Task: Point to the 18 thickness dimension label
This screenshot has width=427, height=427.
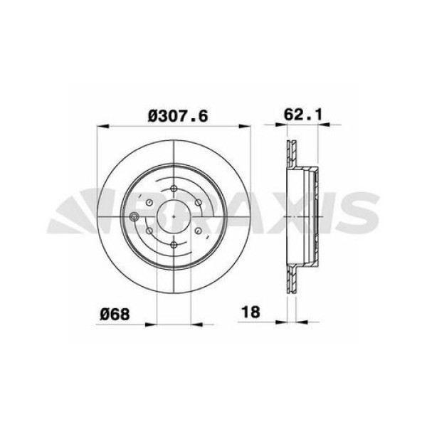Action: click(251, 311)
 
